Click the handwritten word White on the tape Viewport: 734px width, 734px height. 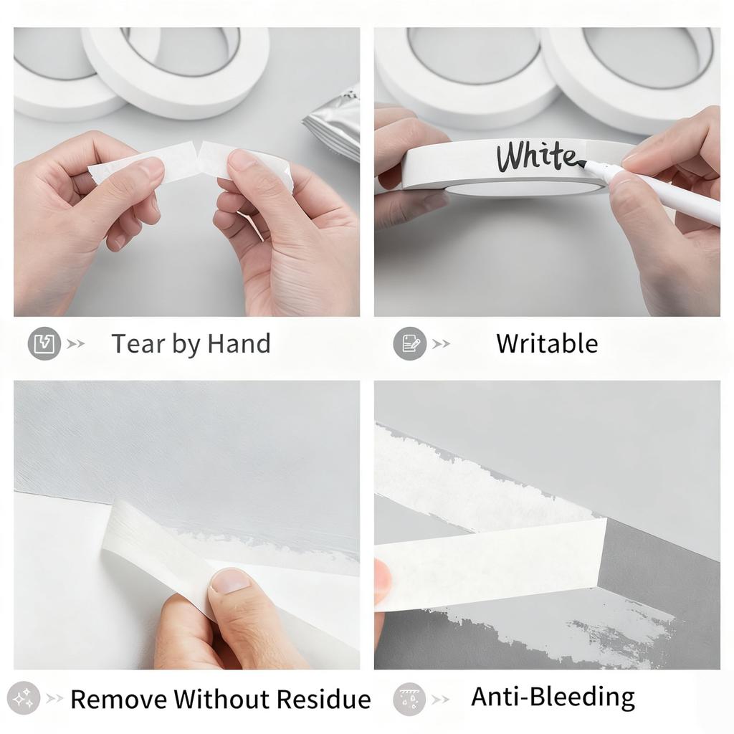pos(536,156)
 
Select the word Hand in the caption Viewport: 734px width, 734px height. pos(239,343)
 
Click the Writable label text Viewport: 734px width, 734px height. pos(547,343)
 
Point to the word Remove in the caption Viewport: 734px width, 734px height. pos(119,699)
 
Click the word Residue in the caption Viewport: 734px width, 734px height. pos(323,699)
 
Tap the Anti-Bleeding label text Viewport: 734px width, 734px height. pos(553,697)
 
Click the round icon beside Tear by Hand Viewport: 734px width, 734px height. pos(44,343)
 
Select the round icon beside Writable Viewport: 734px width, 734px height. pos(409,343)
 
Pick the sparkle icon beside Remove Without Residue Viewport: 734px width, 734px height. pos(24,698)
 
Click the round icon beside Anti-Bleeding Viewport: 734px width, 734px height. pos(409,699)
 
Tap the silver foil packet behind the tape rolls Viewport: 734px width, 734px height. pos(333,122)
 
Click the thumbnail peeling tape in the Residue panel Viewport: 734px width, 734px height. pos(230,581)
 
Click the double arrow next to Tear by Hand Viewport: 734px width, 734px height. pos(75,344)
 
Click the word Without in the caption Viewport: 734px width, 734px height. pos(221,699)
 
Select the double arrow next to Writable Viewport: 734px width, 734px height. pos(441,344)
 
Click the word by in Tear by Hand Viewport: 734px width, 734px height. pos(186,345)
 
